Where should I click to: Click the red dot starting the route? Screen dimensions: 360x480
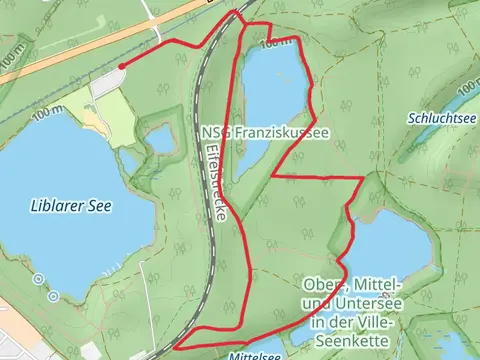point(121,67)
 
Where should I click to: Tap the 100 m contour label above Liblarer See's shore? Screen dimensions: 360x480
point(48,116)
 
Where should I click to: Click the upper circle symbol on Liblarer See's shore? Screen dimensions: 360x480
point(38,280)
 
